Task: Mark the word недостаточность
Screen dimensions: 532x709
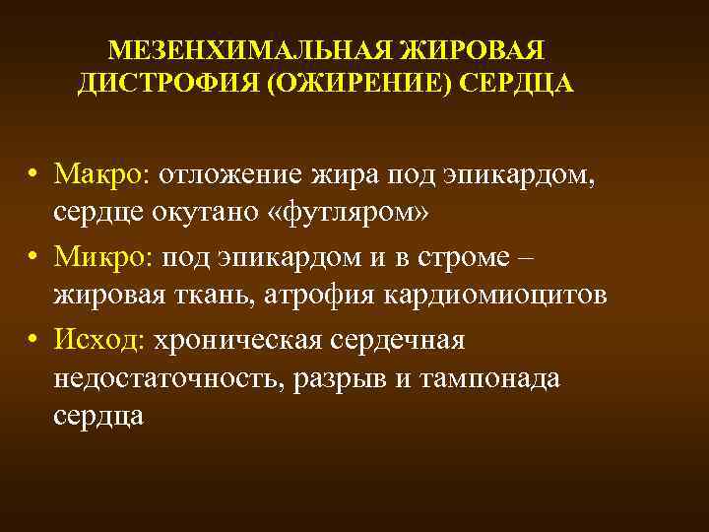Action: pos(168,378)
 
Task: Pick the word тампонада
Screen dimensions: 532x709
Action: pos(487,378)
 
